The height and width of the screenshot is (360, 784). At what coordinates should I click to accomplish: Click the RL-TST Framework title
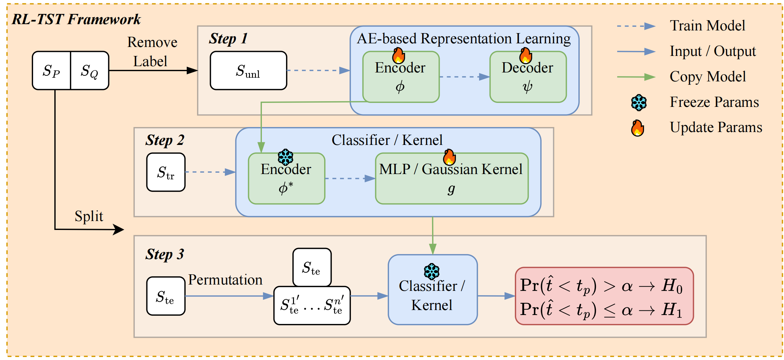click(x=76, y=20)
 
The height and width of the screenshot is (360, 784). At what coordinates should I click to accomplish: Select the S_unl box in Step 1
click(x=248, y=70)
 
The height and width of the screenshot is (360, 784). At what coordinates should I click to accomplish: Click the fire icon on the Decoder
click(x=525, y=56)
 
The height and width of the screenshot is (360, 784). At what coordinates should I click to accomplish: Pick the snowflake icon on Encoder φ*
click(x=285, y=157)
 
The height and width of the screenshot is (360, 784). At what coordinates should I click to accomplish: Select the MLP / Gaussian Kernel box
click(x=451, y=179)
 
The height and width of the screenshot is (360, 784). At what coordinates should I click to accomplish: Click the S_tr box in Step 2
click(x=166, y=172)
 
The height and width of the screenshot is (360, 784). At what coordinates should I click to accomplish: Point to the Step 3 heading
click(x=165, y=254)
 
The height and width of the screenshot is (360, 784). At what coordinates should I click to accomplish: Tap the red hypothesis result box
click(x=604, y=296)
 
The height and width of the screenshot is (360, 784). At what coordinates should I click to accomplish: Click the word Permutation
click(x=225, y=280)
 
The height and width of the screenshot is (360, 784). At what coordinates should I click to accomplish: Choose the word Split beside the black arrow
click(x=89, y=216)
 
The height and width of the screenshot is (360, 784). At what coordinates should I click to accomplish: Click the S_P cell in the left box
click(x=52, y=70)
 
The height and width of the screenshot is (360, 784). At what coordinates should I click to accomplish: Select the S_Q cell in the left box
click(x=90, y=70)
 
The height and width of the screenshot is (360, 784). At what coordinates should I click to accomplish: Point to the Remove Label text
click(x=152, y=52)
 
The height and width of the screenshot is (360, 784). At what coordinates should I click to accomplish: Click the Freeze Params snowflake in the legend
click(x=639, y=103)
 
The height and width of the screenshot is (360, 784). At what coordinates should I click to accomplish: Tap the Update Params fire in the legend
click(x=637, y=128)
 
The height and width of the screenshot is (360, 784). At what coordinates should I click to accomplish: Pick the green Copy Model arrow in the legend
click(x=636, y=77)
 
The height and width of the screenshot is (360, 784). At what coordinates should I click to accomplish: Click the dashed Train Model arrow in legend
click(x=636, y=26)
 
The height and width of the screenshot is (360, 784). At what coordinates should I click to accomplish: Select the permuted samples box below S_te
click(x=312, y=305)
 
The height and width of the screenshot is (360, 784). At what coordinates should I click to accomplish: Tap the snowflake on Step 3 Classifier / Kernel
click(x=432, y=272)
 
